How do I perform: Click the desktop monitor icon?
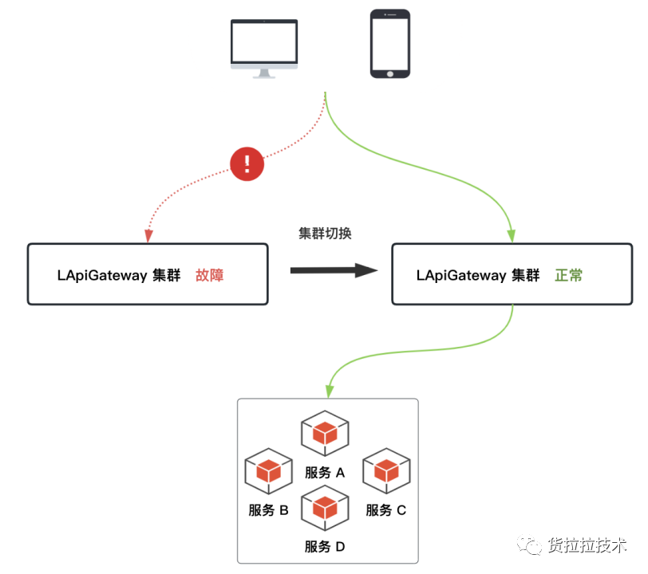pyautogui.click(x=264, y=49)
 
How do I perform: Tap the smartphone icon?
pyautogui.click(x=390, y=44)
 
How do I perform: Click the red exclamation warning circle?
pyautogui.click(x=247, y=164)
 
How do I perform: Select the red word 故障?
pyautogui.click(x=210, y=275)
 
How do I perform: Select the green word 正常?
pyautogui.click(x=569, y=275)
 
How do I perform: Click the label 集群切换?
pyautogui.click(x=325, y=234)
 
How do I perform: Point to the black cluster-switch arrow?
pyautogui.click(x=334, y=270)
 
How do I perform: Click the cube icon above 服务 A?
pyautogui.click(x=325, y=433)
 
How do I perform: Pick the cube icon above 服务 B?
pyautogui.click(x=269, y=471)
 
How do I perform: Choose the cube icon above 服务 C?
pyautogui.click(x=386, y=471)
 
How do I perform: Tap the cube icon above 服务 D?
pyautogui.click(x=325, y=508)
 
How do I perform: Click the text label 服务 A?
pyautogui.click(x=325, y=473)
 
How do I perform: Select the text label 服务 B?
pyautogui.click(x=269, y=510)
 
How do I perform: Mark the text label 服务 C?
pyautogui.click(x=386, y=510)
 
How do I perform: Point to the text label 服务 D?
pyautogui.click(x=325, y=547)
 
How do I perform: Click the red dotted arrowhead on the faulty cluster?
pyautogui.click(x=148, y=236)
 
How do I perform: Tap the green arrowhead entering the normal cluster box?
pyautogui.click(x=512, y=236)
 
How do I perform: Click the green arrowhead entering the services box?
pyautogui.click(x=330, y=391)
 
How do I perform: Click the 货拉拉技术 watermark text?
pyautogui.click(x=587, y=545)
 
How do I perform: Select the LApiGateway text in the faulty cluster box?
pyautogui.click(x=102, y=275)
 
